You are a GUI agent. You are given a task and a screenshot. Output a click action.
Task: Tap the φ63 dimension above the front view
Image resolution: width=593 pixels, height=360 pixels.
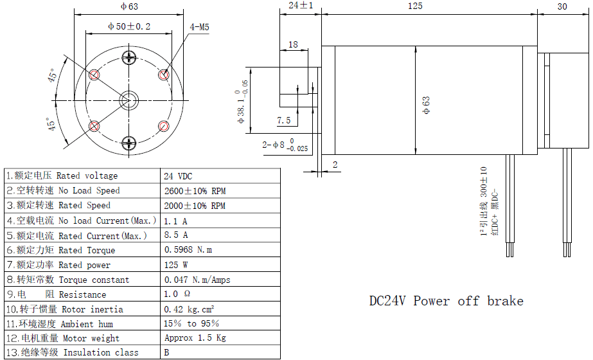(129, 6)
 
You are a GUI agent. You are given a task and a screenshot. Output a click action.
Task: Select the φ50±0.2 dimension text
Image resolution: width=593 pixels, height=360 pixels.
(129, 26)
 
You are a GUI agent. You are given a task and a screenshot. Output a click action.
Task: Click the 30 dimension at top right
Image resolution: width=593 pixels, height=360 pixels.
(562, 6)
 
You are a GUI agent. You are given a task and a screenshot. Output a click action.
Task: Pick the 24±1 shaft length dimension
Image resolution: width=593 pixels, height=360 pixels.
(301, 5)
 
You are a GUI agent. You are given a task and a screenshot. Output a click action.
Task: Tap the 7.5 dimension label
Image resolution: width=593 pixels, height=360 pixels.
(283, 120)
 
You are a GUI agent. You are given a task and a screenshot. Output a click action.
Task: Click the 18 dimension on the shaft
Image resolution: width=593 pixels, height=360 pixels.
(293, 44)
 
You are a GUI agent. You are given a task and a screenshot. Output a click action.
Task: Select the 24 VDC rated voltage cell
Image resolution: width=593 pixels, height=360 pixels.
(178, 175)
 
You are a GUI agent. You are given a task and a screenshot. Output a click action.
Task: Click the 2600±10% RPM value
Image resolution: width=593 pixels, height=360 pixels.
(195, 190)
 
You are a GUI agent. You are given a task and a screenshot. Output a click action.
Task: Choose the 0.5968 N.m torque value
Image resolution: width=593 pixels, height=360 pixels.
(188, 249)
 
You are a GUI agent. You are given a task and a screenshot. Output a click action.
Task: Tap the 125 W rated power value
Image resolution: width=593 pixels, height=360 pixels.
(175, 265)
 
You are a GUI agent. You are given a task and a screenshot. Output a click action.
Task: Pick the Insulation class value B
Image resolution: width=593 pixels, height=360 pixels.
(167, 352)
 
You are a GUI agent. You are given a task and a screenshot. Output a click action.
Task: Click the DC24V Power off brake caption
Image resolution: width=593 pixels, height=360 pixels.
(446, 301)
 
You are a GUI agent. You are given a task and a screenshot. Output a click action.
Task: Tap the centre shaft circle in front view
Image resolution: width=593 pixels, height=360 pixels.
(129, 99)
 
